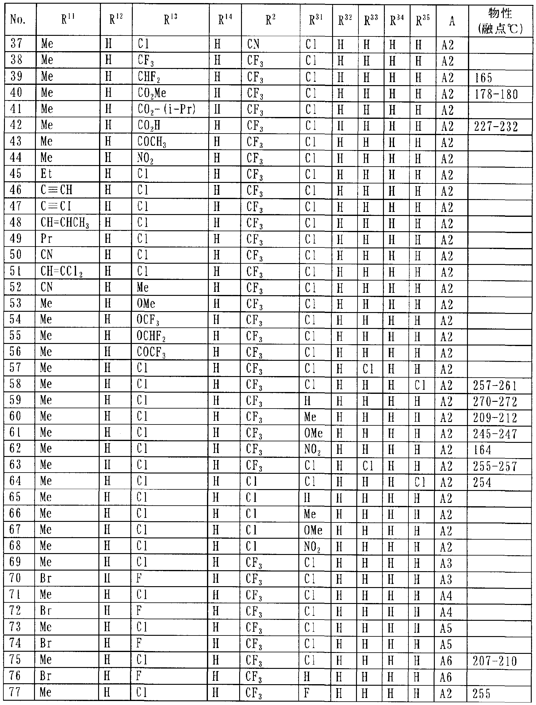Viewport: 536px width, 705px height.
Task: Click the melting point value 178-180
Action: (496, 94)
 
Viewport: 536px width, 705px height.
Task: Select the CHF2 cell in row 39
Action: (149, 77)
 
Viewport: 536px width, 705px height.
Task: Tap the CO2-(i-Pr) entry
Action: (166, 110)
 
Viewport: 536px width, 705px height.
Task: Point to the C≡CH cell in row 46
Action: (56, 190)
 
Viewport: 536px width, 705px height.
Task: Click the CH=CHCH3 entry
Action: (65, 223)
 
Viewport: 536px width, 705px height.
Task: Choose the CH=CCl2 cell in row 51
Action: (62, 272)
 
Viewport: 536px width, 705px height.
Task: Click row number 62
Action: (15, 449)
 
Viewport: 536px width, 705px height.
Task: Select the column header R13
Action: (170, 20)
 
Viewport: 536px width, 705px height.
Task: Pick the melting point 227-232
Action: (496, 127)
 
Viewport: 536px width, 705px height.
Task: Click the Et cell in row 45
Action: (46, 174)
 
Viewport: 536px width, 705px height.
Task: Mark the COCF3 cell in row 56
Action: (151, 352)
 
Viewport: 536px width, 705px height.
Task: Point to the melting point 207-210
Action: (495, 661)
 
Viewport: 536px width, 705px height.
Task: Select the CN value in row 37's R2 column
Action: (253, 44)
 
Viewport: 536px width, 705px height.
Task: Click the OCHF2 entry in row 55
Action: (151, 336)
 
